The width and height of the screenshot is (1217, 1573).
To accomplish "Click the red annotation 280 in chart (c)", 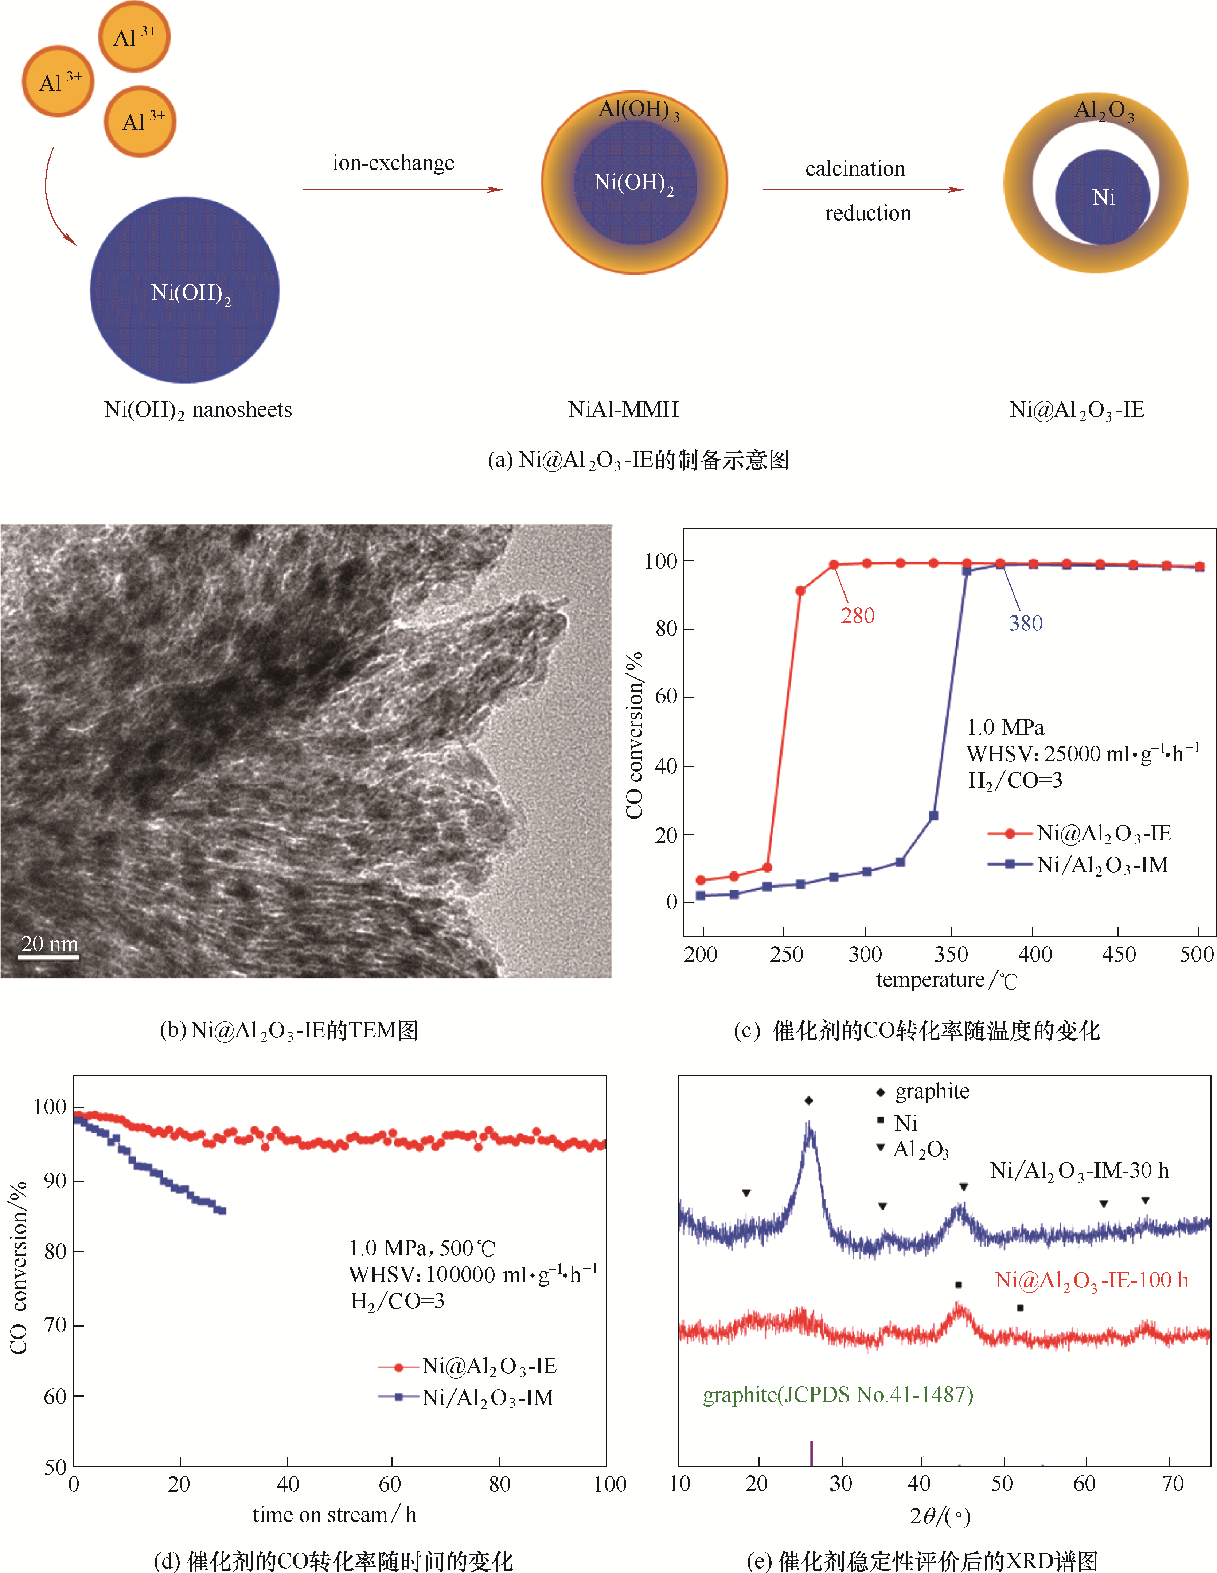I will click(x=857, y=616).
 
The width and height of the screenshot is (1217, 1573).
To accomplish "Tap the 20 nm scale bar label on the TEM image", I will click(x=49, y=944).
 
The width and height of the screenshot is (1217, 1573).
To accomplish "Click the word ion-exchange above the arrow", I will click(x=393, y=163).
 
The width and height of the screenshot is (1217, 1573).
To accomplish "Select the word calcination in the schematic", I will click(x=855, y=168).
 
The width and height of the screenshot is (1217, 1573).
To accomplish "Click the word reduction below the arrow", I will click(x=868, y=213).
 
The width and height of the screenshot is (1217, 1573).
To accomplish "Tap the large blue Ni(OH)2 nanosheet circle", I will click(x=184, y=290).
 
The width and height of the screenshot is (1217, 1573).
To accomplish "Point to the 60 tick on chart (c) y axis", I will click(x=666, y=696).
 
